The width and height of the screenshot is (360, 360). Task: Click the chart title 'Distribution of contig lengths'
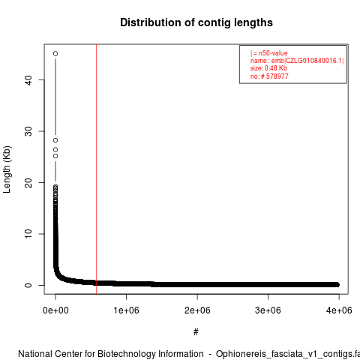pos(196,22)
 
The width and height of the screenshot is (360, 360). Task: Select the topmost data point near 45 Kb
pos(55,53)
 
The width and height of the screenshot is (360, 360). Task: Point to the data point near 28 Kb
pos(55,140)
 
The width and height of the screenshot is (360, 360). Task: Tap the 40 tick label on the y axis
pos(28,79)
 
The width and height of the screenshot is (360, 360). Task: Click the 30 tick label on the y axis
pos(28,131)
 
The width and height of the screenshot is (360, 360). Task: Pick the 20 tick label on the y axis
pos(28,182)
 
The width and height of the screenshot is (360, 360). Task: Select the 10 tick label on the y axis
pos(28,234)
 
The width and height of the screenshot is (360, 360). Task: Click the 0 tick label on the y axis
pos(28,285)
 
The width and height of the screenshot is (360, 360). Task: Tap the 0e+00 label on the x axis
pos(55,310)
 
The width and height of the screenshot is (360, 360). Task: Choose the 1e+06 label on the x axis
pos(126,310)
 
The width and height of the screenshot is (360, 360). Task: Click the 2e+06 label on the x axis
pos(197,310)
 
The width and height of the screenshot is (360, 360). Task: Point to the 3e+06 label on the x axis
pos(268,310)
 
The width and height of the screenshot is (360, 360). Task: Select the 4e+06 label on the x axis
pos(339,310)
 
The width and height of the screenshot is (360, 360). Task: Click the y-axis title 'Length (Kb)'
pos(7,169)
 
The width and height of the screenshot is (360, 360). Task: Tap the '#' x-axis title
pos(196,332)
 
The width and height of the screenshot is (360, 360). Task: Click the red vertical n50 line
pos(97,169)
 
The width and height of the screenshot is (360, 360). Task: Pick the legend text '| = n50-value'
pos(269,53)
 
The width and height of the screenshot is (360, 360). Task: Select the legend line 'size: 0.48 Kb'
pos(268,68)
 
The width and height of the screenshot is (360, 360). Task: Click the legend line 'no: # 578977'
pos(269,76)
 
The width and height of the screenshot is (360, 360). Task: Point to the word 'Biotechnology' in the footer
pos(150,354)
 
